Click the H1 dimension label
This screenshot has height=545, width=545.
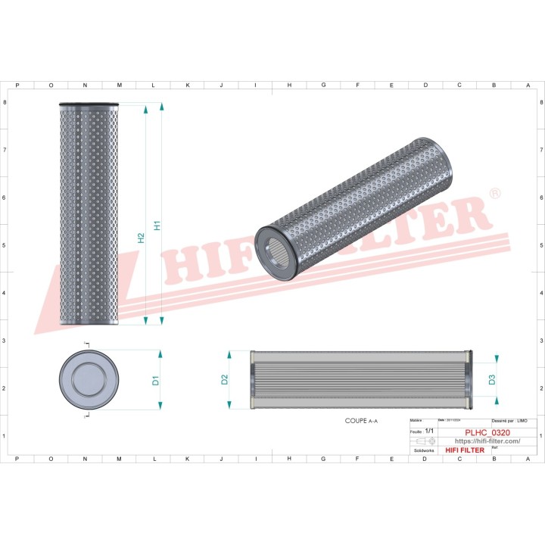[157, 225]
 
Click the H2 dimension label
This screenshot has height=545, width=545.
[141, 238]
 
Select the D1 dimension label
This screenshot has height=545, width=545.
[154, 380]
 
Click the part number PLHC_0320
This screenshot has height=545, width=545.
[487, 432]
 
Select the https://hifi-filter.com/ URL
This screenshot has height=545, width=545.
[487, 441]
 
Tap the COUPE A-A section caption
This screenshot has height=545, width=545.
[362, 419]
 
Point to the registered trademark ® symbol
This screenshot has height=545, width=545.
[495, 195]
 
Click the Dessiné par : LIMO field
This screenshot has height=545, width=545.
[509, 420]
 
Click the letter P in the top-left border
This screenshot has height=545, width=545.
[17, 86]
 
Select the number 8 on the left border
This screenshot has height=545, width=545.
[6, 102]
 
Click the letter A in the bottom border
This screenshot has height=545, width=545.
[527, 459]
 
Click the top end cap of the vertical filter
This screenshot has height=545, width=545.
[89, 105]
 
